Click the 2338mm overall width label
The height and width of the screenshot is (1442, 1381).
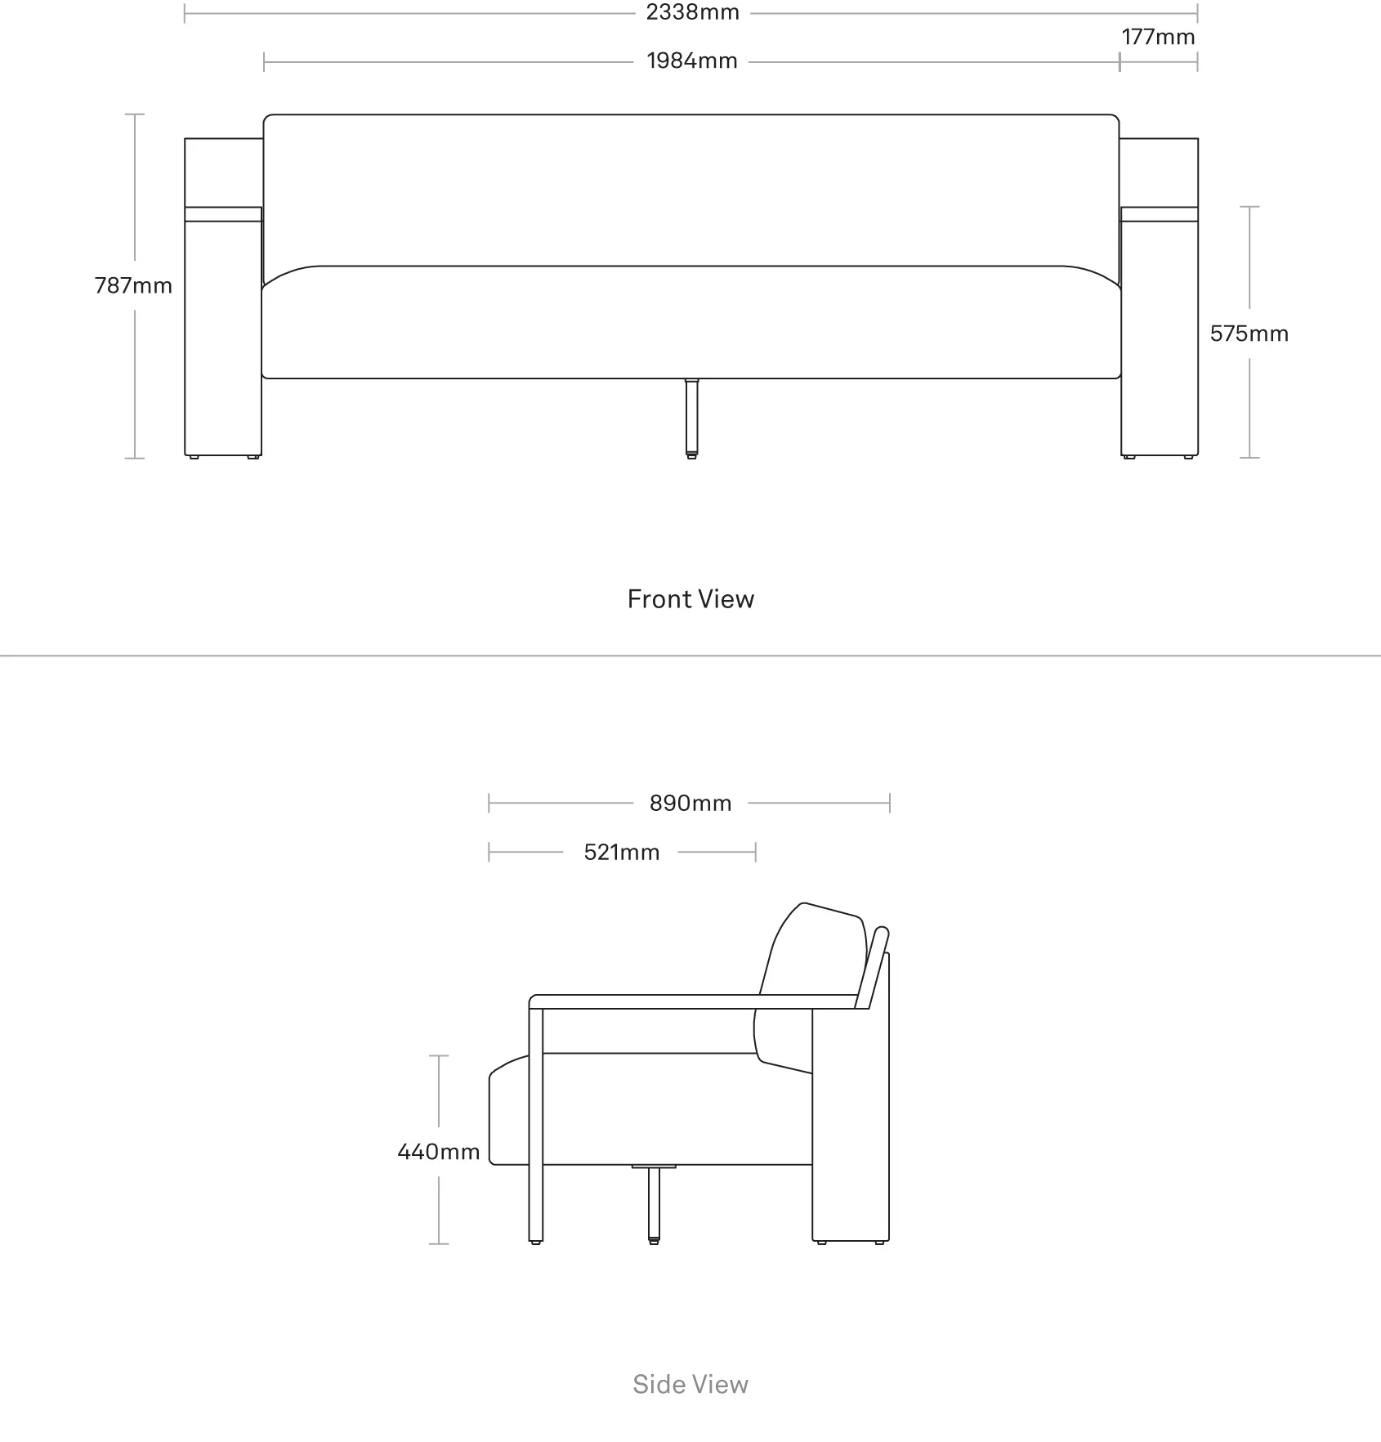(692, 12)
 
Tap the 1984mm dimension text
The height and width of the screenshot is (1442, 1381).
(692, 61)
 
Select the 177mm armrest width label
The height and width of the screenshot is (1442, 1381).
(1158, 37)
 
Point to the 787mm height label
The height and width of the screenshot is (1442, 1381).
(133, 285)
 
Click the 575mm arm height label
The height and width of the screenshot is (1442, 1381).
(1249, 334)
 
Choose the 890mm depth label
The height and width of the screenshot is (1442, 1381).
(690, 803)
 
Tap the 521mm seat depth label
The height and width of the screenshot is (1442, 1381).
(621, 853)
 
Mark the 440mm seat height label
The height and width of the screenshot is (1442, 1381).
(438, 1152)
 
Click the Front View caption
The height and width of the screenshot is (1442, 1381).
(690, 599)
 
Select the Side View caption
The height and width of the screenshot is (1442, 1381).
(690, 1384)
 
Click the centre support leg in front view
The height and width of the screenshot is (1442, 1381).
(691, 418)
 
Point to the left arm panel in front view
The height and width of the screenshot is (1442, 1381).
(223, 297)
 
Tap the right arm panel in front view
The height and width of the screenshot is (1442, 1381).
(1160, 297)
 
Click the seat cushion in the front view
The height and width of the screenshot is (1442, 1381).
(690, 322)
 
